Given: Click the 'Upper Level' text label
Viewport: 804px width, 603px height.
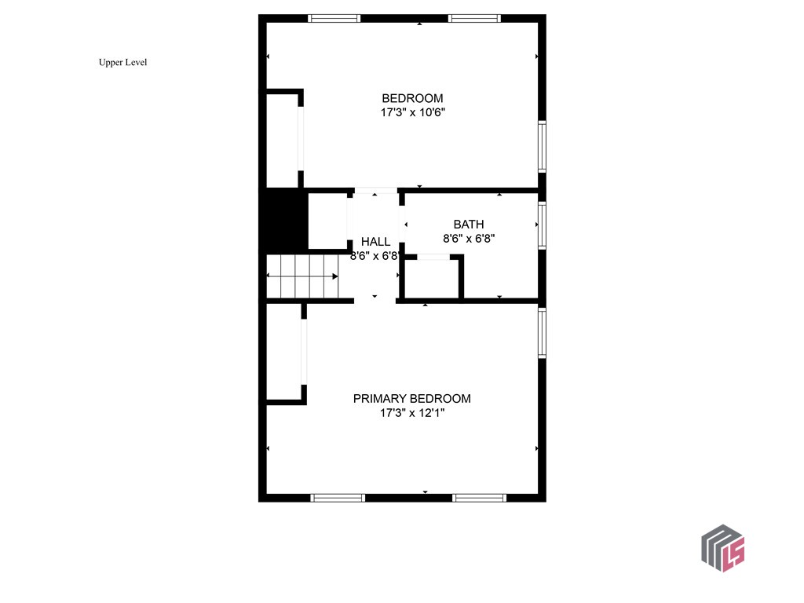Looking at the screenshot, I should [x=122, y=63].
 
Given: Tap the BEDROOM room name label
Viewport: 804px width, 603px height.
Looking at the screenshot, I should [x=412, y=98].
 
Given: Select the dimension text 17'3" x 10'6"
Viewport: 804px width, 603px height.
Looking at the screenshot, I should [x=413, y=112].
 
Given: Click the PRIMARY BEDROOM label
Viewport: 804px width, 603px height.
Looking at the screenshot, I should [x=411, y=398].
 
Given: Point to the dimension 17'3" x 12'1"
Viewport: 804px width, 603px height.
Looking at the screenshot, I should [x=412, y=412].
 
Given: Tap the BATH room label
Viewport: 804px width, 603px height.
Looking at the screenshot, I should [x=469, y=225].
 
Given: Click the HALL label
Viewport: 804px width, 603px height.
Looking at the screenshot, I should [x=375, y=241].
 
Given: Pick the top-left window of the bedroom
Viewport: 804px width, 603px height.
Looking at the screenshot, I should [x=334, y=18].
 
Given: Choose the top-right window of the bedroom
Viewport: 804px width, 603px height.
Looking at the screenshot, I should [x=474, y=18].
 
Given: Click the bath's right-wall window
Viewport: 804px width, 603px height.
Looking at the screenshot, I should [x=542, y=226].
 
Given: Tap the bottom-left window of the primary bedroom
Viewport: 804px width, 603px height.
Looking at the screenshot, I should [x=338, y=497].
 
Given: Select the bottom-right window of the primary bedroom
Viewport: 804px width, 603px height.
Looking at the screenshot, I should [x=480, y=497].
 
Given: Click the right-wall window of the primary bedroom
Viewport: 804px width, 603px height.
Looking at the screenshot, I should [x=542, y=333].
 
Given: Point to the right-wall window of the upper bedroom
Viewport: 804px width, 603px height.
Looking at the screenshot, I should [x=542, y=146].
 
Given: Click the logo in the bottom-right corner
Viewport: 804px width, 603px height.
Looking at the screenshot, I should [x=722, y=547].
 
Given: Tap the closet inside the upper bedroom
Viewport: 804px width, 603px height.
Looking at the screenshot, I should [x=282, y=140].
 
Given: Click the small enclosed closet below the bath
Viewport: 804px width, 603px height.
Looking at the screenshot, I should [x=430, y=279].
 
